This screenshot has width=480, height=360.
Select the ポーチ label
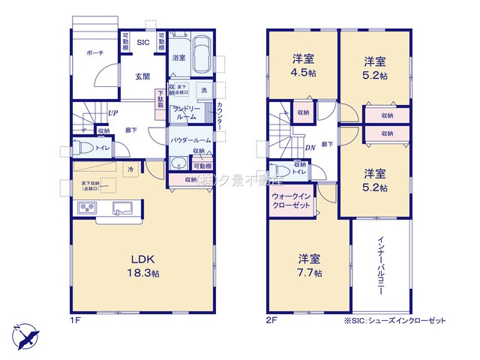click(x=95, y=53)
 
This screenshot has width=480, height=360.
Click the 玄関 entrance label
click(x=142, y=76)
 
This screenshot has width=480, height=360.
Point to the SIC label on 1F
click(x=142, y=43)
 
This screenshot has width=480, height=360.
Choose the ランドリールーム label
click(x=185, y=113)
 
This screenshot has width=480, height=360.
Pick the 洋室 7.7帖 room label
click(x=308, y=265)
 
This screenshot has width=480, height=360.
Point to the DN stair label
click(x=309, y=148)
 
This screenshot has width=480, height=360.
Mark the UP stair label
click(x=112, y=114)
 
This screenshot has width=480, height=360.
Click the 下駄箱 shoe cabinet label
click(x=160, y=99)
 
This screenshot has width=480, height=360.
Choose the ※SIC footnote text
click(x=394, y=321)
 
